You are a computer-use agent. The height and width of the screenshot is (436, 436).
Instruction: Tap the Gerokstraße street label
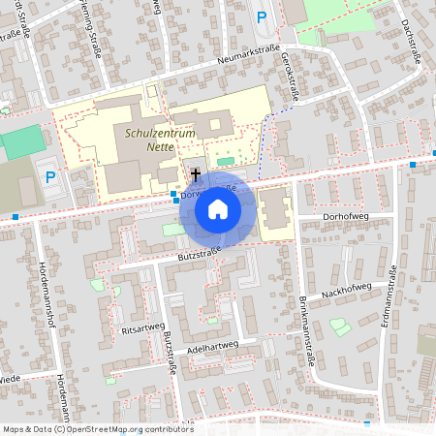(287, 76)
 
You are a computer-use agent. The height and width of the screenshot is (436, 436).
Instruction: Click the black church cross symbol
(196, 174)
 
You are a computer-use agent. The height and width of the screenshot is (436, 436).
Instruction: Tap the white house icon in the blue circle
(218, 208)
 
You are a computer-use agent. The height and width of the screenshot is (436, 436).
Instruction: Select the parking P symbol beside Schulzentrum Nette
(51, 176)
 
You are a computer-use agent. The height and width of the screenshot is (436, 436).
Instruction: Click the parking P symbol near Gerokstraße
(261, 16)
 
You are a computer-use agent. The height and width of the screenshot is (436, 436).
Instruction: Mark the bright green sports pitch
(21, 142)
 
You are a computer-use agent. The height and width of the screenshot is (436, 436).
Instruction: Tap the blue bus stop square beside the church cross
(174, 195)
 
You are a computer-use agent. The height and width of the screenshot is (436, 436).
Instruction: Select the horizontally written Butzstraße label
(199, 255)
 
